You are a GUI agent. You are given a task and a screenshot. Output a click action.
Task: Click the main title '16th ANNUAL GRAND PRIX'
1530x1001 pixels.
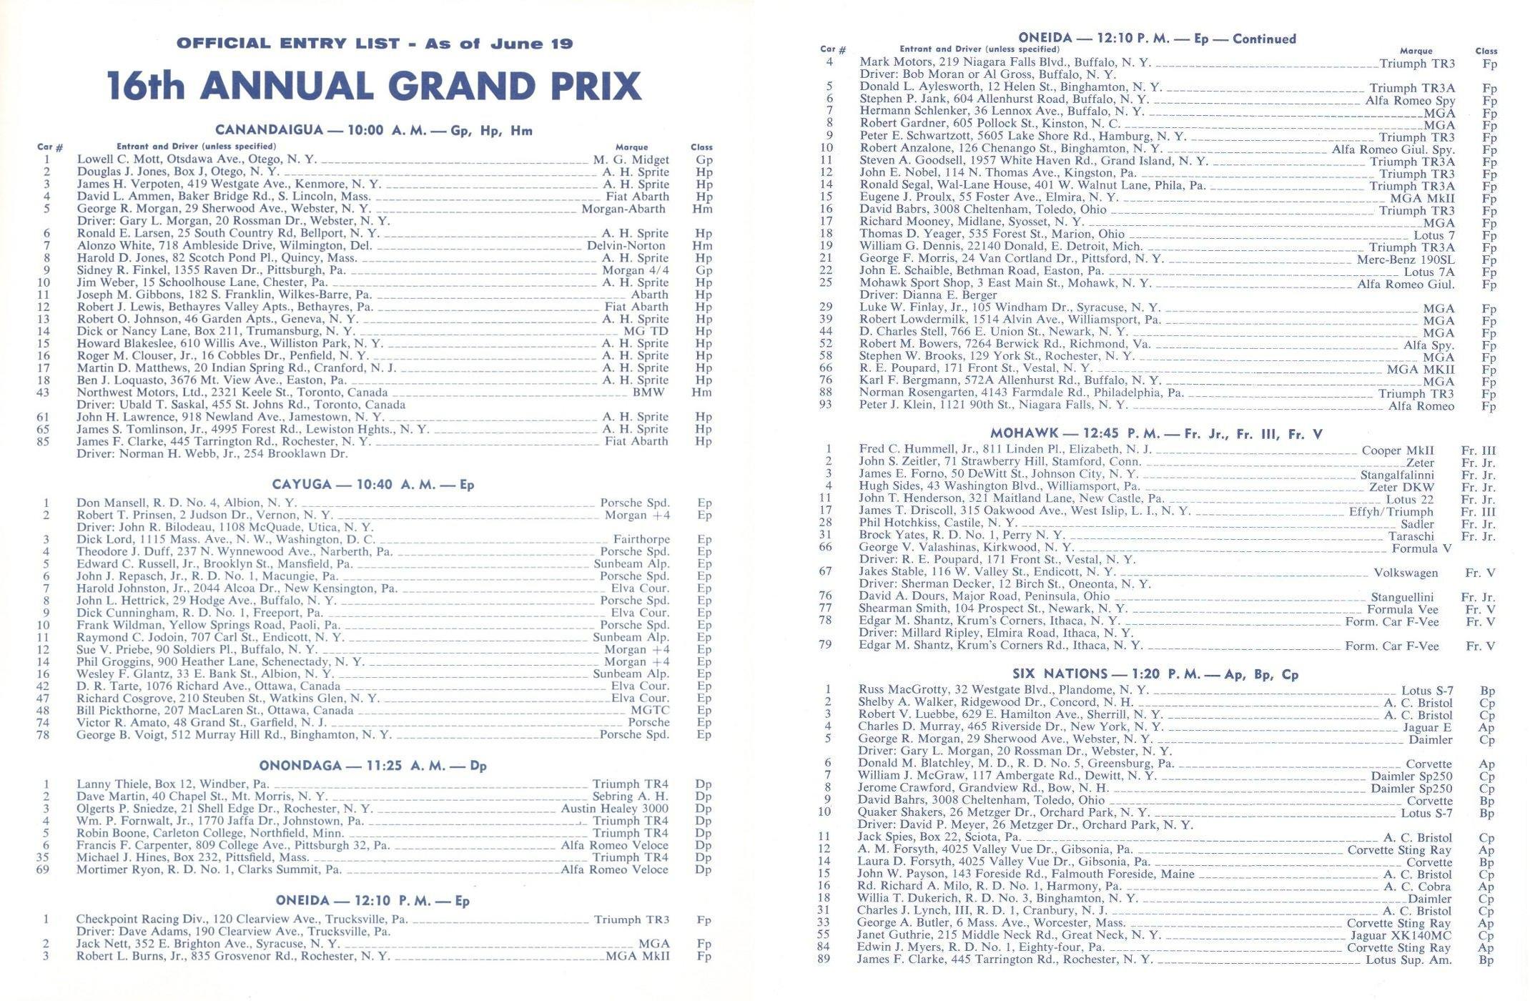(x=374, y=86)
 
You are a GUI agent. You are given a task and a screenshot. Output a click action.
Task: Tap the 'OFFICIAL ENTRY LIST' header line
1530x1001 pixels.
(x=374, y=44)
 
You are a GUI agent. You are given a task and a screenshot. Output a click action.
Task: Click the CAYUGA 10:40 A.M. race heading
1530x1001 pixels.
(x=372, y=485)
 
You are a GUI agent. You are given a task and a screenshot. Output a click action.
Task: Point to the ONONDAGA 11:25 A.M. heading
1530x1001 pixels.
(x=372, y=766)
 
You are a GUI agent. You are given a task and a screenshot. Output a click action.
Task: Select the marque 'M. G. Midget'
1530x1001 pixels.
(x=631, y=160)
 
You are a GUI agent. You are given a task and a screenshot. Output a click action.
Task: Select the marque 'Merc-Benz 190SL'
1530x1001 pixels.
(x=1405, y=259)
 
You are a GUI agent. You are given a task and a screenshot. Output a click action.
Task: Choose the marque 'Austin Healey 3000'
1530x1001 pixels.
(x=615, y=809)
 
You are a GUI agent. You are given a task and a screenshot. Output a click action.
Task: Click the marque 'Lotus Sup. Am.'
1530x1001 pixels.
(x=1408, y=960)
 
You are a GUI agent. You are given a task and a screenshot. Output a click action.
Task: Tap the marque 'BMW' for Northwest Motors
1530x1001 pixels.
(x=648, y=393)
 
